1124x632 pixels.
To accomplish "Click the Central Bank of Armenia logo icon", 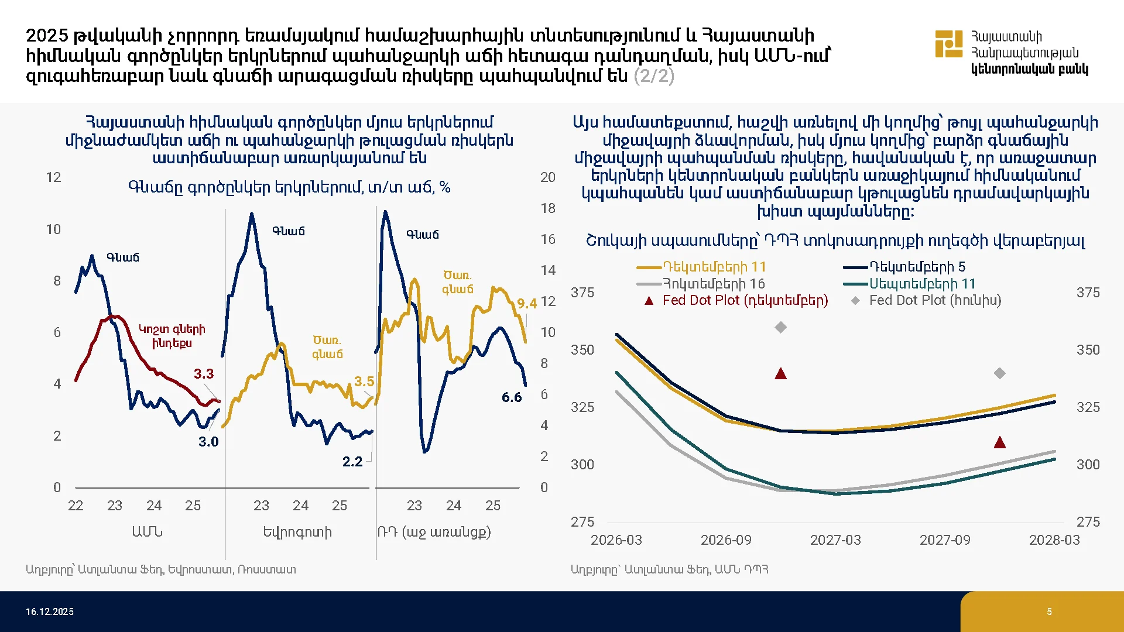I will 948,44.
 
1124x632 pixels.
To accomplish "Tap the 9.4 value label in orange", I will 527,303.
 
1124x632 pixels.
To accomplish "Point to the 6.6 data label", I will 512,397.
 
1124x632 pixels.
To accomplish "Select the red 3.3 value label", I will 204,373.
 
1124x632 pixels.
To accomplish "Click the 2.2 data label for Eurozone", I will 352,462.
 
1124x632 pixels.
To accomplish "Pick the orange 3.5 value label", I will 364,382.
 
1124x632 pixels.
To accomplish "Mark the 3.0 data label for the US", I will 208,442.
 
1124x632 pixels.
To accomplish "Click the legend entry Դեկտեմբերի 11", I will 714,267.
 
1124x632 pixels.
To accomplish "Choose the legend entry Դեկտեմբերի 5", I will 917,267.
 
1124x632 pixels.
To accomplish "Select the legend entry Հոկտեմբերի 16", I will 714,284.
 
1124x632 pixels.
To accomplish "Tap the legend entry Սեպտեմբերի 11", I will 922,284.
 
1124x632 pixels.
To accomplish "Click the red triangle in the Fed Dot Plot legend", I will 649,301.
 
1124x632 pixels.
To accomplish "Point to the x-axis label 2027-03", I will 835,540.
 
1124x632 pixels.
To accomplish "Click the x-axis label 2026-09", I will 726,540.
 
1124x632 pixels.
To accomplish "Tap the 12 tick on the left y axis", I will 53,177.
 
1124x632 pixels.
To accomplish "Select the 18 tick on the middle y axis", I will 548,208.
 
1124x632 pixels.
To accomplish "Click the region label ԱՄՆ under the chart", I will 147,532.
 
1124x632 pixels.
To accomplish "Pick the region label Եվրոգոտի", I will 297,532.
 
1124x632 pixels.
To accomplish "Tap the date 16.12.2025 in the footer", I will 50,612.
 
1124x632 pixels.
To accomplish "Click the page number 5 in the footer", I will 1049,612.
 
